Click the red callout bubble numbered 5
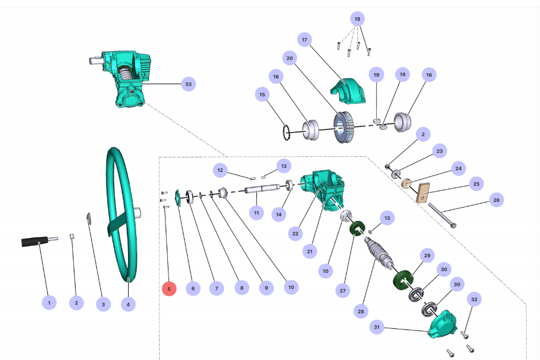[x=169, y=288]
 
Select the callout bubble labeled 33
[x=187, y=84]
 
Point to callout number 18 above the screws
[x=358, y=19]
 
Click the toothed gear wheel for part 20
[x=344, y=127]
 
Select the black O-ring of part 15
[x=287, y=133]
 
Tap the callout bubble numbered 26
[x=495, y=200]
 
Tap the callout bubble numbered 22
[x=295, y=234]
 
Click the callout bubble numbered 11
[x=256, y=213]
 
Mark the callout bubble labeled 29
[x=427, y=255]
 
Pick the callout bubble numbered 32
[x=474, y=299]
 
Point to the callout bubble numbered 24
[x=458, y=169]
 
